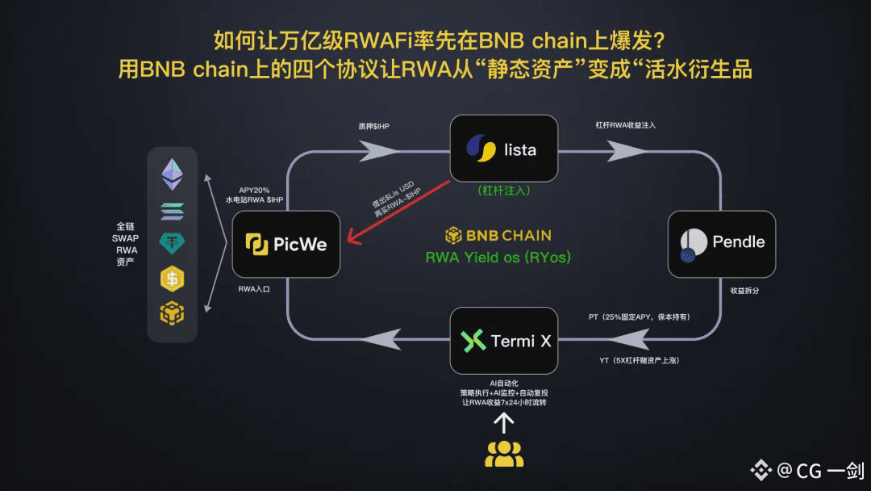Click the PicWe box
coord(285,245)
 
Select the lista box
coord(504,148)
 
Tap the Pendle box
coord(722,244)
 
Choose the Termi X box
coord(504,341)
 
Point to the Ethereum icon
coord(172,174)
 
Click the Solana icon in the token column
coord(172,211)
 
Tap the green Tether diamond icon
coord(172,243)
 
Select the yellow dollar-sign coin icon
coord(172,279)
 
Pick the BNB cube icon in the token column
coord(172,313)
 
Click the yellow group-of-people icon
coord(504,455)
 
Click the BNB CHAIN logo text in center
coord(498,236)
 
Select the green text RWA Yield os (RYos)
coord(498,258)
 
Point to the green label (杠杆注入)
coord(503,191)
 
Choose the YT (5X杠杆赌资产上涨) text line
coord(639,360)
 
